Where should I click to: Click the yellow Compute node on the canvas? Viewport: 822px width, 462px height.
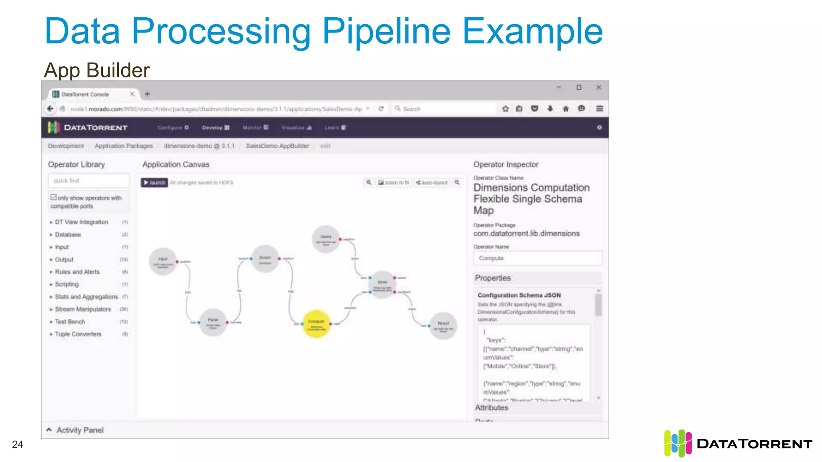[316, 324]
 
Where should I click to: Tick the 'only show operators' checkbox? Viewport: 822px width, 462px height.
[53, 197]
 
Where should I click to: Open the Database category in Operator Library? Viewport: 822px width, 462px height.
[68, 235]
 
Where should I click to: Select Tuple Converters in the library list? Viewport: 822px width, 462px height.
[78, 334]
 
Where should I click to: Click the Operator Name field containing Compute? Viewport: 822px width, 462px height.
[537, 258]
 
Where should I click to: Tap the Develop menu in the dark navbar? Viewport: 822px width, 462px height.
[215, 128]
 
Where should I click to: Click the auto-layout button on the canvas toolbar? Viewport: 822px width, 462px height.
[432, 182]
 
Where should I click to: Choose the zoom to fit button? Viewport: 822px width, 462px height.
[393, 182]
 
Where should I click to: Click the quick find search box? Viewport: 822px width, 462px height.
[89, 180]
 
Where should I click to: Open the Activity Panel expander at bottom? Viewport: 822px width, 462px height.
[75, 430]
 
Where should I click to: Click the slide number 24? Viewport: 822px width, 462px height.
[18, 444]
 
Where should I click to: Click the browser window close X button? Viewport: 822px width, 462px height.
[598, 87]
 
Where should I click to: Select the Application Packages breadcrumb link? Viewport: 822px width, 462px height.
[124, 146]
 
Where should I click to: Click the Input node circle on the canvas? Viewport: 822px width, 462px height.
[163, 261]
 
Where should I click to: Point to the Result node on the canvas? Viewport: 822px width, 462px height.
[443, 326]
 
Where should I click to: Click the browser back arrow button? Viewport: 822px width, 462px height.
[50, 109]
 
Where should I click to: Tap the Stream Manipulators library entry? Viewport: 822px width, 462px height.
[83, 309]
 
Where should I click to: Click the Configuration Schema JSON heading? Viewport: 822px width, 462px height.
[519, 295]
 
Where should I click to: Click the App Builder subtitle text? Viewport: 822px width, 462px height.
[97, 70]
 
